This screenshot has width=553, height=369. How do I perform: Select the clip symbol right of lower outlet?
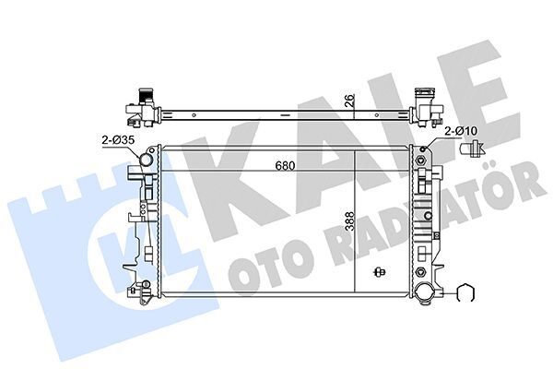click(466, 294)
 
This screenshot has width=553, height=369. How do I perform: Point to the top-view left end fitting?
click(140, 107)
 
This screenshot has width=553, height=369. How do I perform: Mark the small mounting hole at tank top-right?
click(424, 151)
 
